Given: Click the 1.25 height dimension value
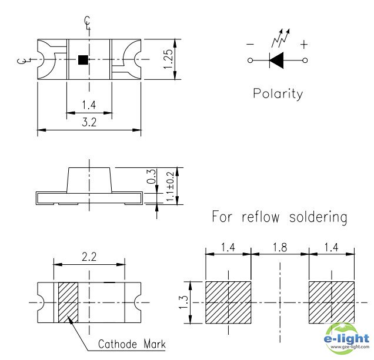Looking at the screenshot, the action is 168,59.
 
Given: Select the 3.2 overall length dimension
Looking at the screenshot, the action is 89,122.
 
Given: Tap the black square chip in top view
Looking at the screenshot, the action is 83,60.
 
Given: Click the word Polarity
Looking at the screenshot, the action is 278,93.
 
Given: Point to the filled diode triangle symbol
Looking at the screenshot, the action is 277,60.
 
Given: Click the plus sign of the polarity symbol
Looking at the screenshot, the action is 304,45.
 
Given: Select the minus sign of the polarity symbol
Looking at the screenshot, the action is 250,44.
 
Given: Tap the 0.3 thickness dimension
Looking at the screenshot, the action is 151,177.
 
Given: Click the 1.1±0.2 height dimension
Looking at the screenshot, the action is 169,186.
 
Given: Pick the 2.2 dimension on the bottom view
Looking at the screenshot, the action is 89,257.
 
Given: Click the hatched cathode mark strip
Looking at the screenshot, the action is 68,302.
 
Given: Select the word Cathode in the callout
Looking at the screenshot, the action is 118,344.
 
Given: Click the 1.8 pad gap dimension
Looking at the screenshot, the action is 280,247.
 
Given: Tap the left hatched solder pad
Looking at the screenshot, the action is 228,302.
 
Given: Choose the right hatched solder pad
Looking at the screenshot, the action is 332,302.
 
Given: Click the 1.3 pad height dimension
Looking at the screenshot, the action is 183,302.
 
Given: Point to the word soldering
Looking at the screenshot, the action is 318,217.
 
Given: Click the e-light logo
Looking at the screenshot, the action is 346,338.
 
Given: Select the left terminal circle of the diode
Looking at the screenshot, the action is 250,60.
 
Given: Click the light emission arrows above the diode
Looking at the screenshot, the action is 281,38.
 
